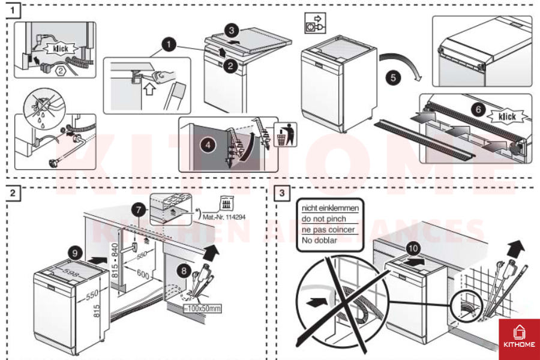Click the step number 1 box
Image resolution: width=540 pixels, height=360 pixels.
coord(14,10)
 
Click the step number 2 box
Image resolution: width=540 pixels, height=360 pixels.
coord(14,193)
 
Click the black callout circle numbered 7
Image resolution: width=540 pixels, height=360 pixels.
coord(139,210)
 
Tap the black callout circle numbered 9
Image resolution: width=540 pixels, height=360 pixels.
coord(74,253)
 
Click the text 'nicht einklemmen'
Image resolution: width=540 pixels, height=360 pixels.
coord(330,208)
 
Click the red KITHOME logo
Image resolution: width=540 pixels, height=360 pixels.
coord(518,339)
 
